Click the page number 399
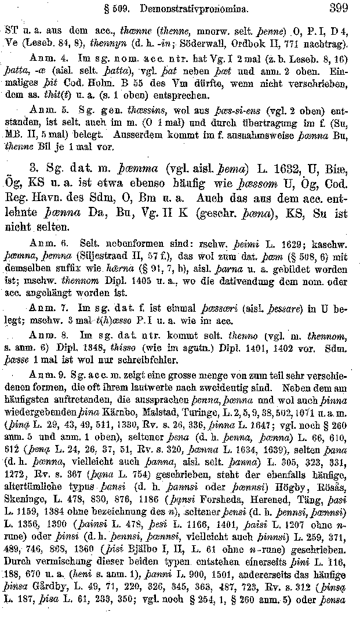coord(338,9)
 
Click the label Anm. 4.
coord(48,59)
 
